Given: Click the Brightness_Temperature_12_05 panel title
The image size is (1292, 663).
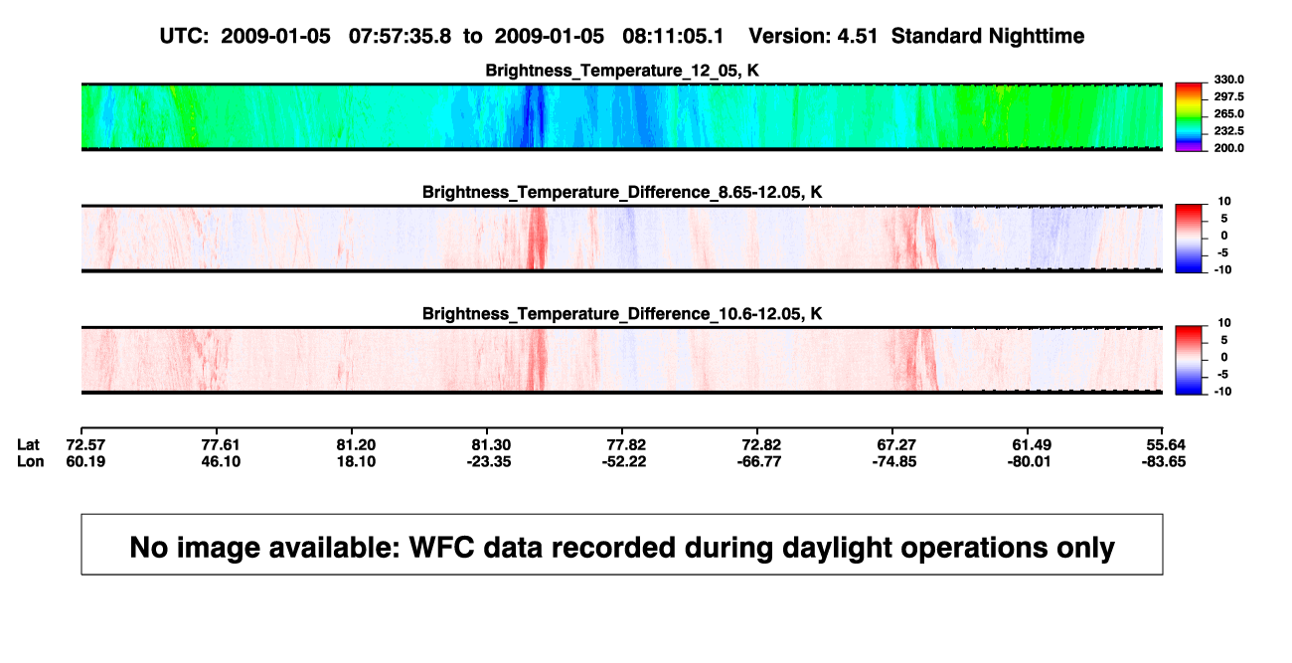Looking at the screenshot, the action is tap(622, 71).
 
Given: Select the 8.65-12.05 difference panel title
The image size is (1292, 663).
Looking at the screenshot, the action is tap(622, 192).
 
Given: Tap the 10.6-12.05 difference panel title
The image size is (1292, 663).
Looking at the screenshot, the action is tap(622, 314).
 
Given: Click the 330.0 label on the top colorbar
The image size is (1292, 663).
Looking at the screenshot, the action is tap(1228, 80).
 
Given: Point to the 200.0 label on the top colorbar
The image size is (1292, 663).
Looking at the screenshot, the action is tap(1228, 148).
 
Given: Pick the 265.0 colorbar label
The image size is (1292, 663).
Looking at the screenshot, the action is tap(1228, 113).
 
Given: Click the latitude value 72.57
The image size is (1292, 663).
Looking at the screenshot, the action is tap(85, 445).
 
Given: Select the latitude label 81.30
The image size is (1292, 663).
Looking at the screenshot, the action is tap(491, 445).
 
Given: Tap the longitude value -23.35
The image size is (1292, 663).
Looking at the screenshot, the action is tap(489, 461).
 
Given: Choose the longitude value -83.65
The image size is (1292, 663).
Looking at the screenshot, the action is tap(1164, 461).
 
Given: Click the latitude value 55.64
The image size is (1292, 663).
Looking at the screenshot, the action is tap(1166, 445).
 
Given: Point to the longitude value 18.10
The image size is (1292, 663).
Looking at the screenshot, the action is tap(356, 461).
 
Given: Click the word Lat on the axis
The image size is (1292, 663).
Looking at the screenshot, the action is tap(28, 445).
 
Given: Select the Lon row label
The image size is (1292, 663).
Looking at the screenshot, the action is tap(31, 461).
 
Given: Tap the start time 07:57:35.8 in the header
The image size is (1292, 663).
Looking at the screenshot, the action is tap(400, 36).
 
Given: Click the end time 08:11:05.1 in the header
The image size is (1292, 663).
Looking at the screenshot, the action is tap(673, 36).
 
